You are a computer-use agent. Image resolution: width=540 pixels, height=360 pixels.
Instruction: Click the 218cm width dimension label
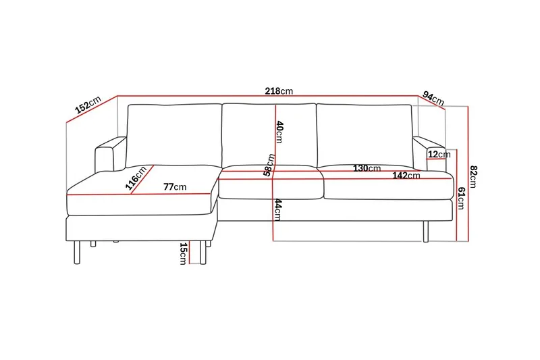point(279,91)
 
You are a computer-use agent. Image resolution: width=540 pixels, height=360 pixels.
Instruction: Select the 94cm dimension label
point(433,98)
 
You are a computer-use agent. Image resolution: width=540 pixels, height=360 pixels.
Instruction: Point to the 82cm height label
point(474,178)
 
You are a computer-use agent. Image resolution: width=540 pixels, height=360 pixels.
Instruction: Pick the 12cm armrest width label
point(439,155)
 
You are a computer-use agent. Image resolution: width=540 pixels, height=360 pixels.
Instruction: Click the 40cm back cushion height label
point(278,132)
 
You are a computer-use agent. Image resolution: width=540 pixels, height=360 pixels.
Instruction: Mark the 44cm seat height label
point(277,210)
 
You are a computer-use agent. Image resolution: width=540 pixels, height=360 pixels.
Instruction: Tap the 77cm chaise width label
point(174,186)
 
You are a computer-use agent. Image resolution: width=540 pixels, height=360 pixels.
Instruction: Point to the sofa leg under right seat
point(425,230)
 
